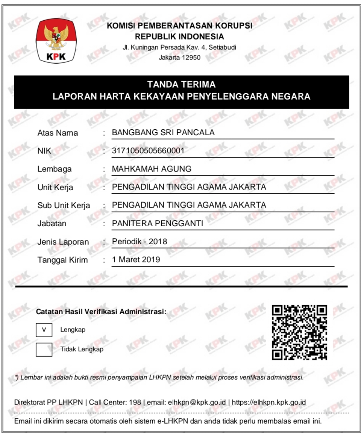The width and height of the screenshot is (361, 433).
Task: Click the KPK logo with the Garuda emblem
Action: click(56, 40)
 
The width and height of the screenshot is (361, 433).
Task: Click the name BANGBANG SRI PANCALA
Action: click(163, 133)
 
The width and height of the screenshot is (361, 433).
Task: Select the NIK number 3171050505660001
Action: click(148, 151)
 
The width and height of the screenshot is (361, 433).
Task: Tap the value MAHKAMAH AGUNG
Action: click(152, 169)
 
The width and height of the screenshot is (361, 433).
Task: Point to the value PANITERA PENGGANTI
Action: click(158, 224)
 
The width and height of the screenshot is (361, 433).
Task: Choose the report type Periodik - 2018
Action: click(140, 242)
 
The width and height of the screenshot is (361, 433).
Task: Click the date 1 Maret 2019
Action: click(136, 260)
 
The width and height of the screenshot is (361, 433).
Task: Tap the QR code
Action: click(299, 332)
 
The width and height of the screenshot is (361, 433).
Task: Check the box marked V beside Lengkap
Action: click(44, 330)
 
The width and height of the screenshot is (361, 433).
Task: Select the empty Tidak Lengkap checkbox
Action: click(44, 349)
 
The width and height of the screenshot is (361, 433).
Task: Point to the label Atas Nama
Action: click(58, 133)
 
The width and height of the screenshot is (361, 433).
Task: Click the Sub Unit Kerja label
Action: click(64, 206)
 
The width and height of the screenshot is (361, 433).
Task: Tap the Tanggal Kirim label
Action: click(62, 260)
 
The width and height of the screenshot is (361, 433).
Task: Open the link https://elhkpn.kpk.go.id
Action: click(268, 403)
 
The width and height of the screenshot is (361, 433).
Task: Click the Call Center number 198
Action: click(135, 403)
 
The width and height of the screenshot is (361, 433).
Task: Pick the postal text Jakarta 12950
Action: click(180, 58)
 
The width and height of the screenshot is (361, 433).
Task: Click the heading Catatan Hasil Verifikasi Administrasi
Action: click(101, 312)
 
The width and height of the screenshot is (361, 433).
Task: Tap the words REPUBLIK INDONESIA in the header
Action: click(179, 37)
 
